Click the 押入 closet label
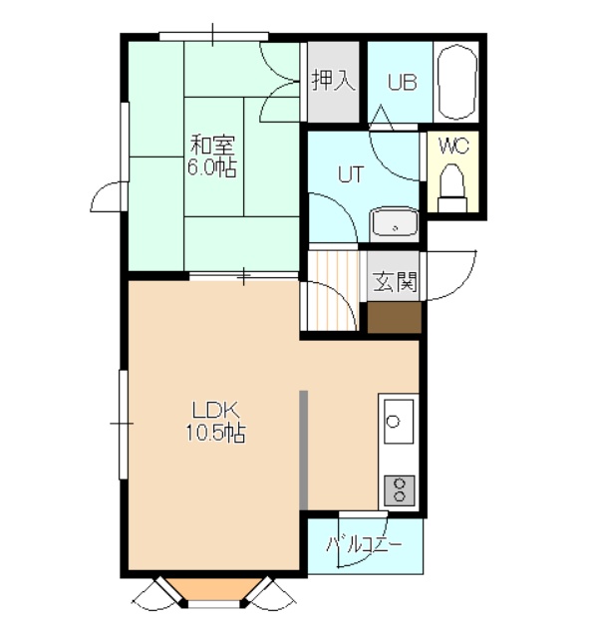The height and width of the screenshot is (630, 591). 334,81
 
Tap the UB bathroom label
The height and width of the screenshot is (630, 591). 402,82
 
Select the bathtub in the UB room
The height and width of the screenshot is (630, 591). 456,82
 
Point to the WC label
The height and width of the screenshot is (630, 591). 454,146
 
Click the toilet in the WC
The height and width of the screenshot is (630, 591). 452,187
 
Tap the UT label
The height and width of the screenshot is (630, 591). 351,174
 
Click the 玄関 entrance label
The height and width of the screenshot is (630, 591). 396,282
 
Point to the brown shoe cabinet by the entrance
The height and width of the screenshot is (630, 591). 395,317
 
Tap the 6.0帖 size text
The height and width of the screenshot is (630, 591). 211,167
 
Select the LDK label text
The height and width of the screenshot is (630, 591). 216,411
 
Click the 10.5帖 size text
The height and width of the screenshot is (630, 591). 215,433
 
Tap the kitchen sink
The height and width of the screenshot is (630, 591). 399,422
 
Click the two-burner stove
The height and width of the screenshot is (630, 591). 400,490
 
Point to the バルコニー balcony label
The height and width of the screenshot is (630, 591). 364,545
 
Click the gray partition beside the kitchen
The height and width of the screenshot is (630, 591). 304,450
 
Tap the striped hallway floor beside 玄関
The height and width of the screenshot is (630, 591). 334,291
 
